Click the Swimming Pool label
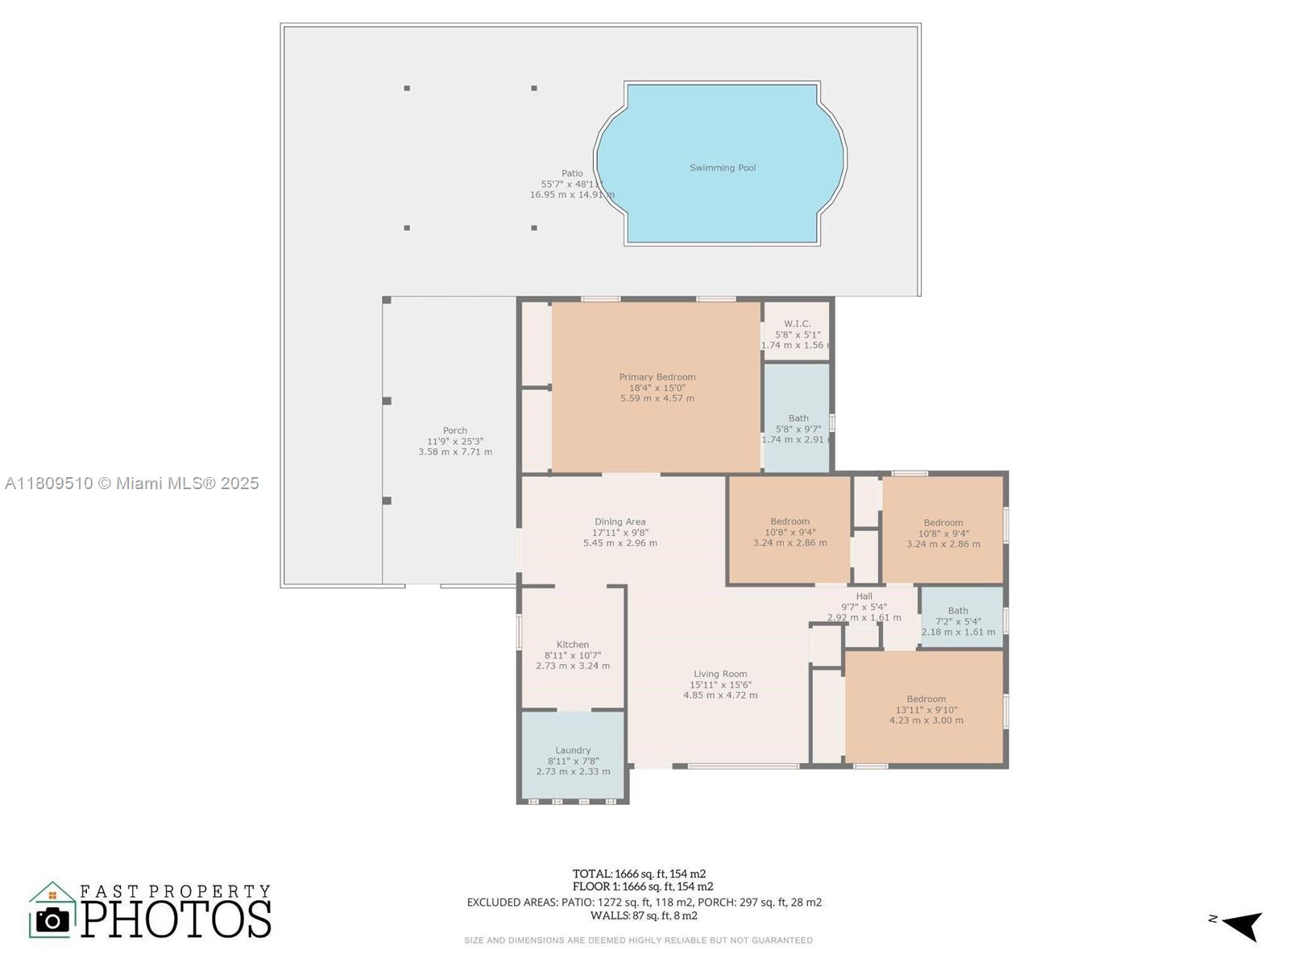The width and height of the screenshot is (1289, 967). (x=723, y=168)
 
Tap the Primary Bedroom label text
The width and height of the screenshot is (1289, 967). (x=657, y=377)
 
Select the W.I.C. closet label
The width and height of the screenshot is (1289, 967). (x=797, y=323)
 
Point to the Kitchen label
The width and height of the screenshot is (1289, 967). (x=573, y=644)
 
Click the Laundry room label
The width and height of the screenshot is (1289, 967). (x=573, y=749)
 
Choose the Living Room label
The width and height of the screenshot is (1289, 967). (x=720, y=674)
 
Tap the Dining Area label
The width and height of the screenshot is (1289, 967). (x=620, y=521)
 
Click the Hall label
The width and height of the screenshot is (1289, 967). (x=864, y=596)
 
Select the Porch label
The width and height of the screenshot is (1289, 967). (x=455, y=430)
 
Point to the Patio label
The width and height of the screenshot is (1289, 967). (x=572, y=173)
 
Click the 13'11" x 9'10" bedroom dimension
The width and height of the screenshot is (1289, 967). (x=926, y=709)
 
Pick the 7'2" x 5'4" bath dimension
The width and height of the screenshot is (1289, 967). (x=958, y=621)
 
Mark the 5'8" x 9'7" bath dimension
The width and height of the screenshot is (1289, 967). (x=798, y=430)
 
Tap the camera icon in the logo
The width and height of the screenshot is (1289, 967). (x=52, y=920)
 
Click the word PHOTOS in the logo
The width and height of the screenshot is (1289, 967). (x=176, y=919)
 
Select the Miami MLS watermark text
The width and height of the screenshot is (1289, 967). (x=132, y=483)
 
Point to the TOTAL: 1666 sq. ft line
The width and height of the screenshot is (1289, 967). (x=639, y=874)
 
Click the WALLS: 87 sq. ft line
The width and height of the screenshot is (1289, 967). (x=644, y=915)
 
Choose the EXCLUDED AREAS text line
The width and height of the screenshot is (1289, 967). (x=644, y=902)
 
